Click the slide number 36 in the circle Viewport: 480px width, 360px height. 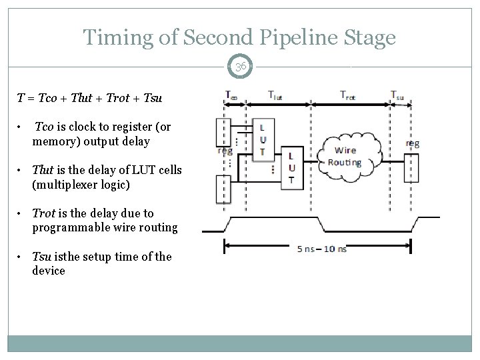click(240, 67)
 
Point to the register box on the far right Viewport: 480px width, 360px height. click(413, 167)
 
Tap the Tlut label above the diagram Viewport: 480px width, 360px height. click(275, 96)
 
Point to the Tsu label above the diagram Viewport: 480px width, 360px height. click(397, 96)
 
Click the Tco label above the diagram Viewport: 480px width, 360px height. click(231, 95)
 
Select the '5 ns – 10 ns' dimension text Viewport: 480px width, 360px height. click(321, 249)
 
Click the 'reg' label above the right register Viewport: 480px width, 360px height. click(413, 143)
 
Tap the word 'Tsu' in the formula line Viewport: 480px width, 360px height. click(153, 99)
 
